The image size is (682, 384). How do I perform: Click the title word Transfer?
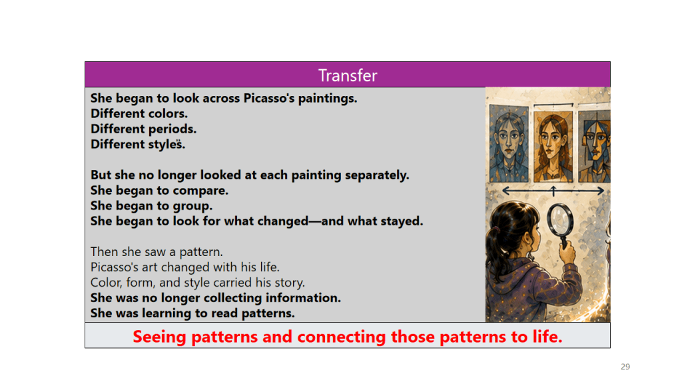click(348, 75)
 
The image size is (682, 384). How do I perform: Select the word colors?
click(168, 113)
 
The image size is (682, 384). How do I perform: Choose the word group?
click(192, 206)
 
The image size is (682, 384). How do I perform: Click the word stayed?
click(402, 221)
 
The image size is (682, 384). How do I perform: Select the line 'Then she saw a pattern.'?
click(157, 251)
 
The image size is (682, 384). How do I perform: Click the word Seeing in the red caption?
click(160, 337)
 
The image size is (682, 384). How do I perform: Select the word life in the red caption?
click(547, 337)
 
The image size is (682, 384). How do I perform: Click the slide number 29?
click(625, 367)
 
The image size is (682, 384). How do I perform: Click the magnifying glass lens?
click(560, 219)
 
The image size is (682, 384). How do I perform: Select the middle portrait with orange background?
click(553, 146)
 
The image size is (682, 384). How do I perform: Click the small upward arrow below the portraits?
click(553, 191)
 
